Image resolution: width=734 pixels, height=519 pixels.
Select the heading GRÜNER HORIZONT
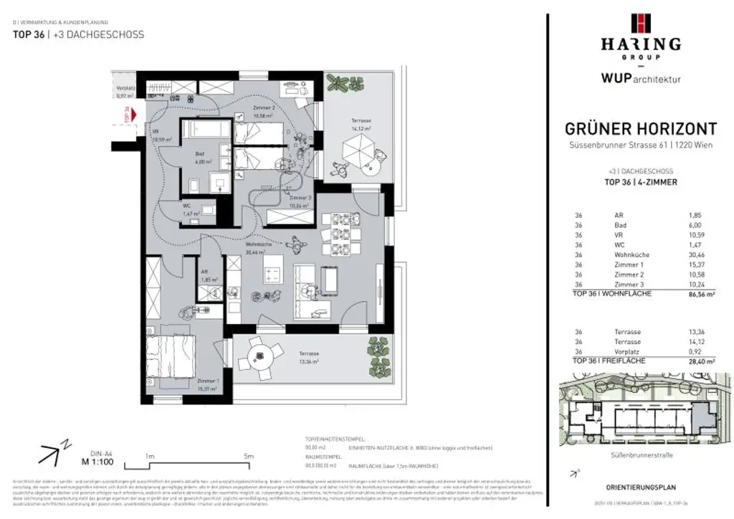[641, 129]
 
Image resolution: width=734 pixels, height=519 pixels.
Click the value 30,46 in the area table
[697, 254]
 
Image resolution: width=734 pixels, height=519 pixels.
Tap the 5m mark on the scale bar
[249, 456]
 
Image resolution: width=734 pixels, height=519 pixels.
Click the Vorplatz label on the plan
[125, 90]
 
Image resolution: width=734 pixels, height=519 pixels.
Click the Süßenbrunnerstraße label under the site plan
[637, 454]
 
